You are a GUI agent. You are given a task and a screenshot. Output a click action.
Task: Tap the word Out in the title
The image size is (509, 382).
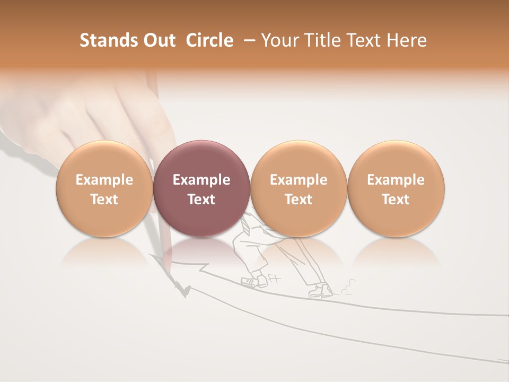point(158,40)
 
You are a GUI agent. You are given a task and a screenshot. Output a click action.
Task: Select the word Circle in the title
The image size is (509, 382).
point(209,40)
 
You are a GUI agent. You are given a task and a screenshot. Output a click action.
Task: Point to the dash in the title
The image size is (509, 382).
point(248,40)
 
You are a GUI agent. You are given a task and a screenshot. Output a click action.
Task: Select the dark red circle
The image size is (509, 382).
point(201,188)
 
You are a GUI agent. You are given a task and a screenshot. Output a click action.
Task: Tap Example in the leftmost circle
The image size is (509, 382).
point(104,180)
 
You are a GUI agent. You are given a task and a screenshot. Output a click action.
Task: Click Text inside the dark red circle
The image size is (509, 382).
point(201,199)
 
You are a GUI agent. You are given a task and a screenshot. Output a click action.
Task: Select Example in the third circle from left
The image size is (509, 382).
point(299,180)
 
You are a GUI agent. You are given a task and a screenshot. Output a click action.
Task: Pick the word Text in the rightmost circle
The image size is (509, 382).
point(396,199)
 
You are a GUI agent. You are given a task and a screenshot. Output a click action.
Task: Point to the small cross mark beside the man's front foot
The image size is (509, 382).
point(274,277)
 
